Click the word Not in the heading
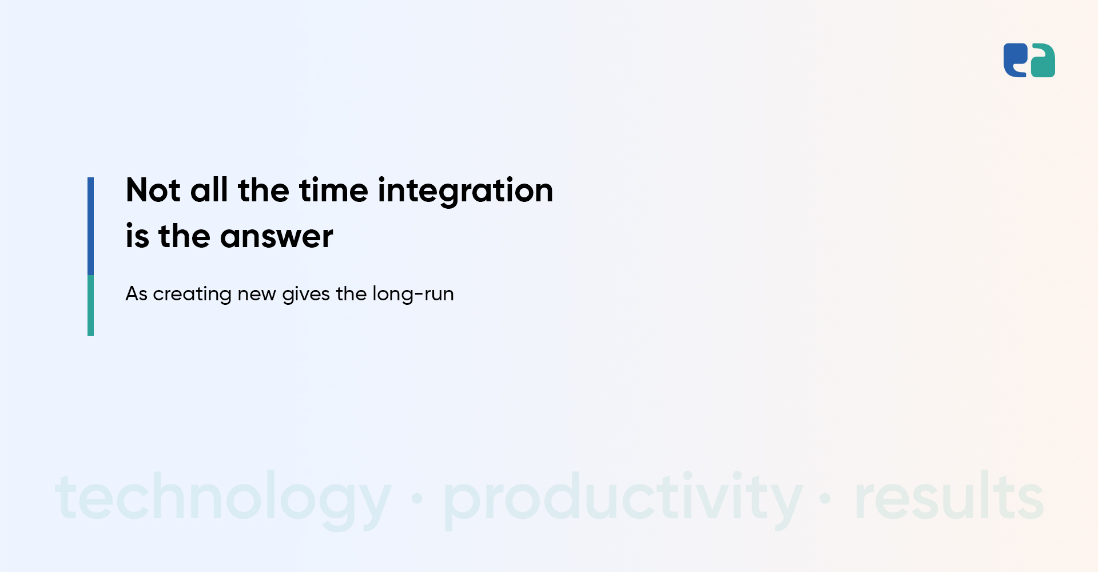[153, 190]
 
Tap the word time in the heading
[333, 190]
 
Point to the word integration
[466, 191]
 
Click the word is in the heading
[137, 236]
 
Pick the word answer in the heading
[276, 237]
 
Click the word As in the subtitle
[137, 294]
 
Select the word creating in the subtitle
[192, 295]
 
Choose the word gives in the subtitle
[306, 295]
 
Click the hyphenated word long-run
[413, 295]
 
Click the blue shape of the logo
[1015, 59]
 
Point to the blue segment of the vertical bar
[90, 227]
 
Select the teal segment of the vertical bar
[90, 305]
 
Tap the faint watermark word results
[949, 495]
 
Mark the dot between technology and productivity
[417, 499]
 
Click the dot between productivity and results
[825, 499]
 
